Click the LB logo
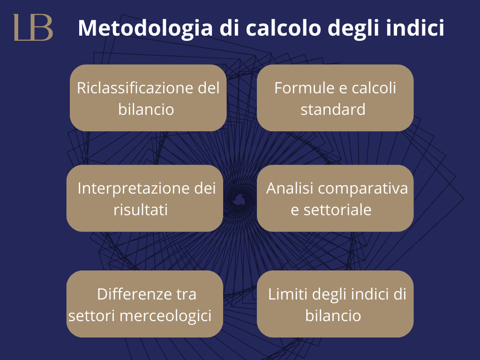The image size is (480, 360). click(33, 27)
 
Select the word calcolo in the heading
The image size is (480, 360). click(283, 28)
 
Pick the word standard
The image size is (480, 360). click(333, 109)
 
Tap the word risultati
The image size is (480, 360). click(141, 210)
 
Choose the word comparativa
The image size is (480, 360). click(363, 189)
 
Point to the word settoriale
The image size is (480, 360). click(337, 210)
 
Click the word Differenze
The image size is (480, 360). click(135, 294)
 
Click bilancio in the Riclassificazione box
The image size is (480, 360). click(146, 109)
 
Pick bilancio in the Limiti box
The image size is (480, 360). click(333, 315)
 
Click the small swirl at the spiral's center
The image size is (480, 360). click(239, 200)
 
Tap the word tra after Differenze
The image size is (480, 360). click(186, 295)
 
